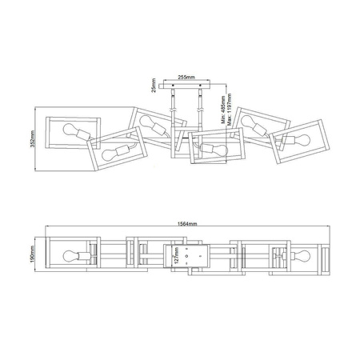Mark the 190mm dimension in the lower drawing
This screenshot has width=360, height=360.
pos(30,254)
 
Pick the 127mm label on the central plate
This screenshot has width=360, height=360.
pos(175,255)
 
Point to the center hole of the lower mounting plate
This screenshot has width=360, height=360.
pos(186,255)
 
